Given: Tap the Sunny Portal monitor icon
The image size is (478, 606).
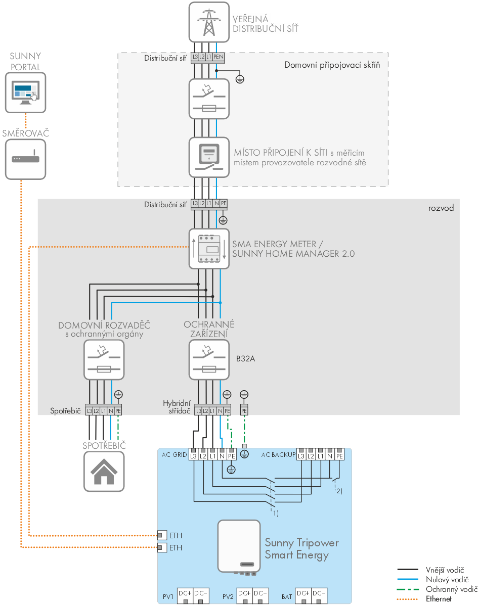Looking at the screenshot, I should coord(25,92).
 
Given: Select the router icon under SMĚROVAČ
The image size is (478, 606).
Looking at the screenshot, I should coord(25,159).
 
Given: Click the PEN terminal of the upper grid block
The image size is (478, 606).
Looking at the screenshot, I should coord(218,58).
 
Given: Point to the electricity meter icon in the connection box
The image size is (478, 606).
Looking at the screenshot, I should coord(209,156).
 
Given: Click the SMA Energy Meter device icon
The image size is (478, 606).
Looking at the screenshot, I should coord(209,248).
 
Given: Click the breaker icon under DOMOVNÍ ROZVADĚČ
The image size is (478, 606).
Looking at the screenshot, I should coord(104,360).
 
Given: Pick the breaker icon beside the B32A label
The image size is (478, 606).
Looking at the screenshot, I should coord(209,360).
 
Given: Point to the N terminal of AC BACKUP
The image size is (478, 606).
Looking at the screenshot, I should coord(330,456).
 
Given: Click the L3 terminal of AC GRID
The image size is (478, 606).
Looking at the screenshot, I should coord(194,456).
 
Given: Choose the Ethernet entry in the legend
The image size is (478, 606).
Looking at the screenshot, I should coord(438,598).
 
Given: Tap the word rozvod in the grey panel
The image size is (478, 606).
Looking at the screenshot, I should coord(441,208).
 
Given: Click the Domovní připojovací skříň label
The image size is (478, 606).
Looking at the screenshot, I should coord(332,65).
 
